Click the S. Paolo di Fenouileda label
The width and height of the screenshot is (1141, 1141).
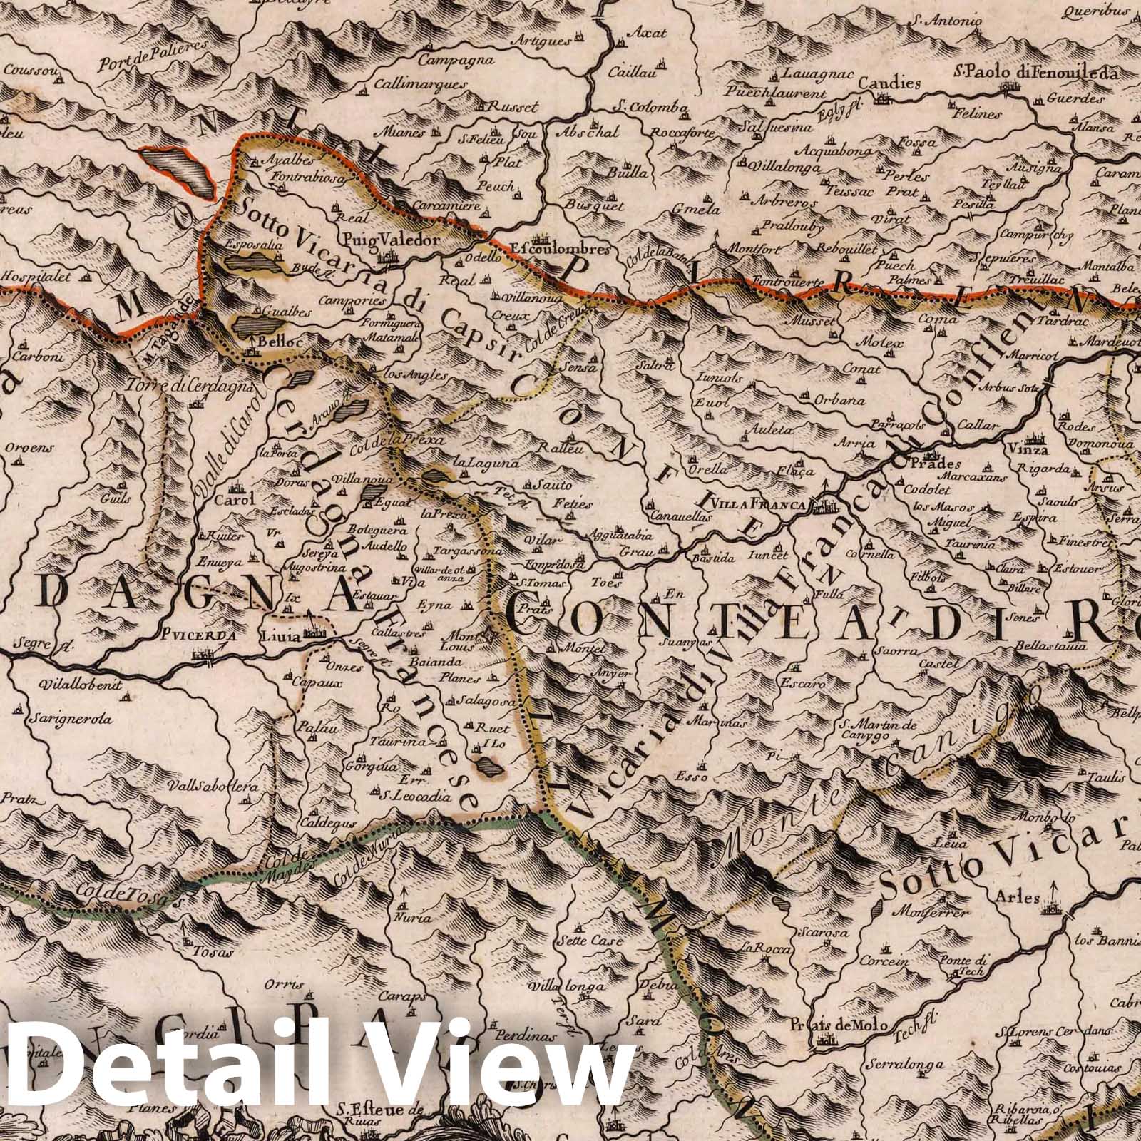coord(1025,73)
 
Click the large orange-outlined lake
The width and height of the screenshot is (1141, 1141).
coord(178,172)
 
